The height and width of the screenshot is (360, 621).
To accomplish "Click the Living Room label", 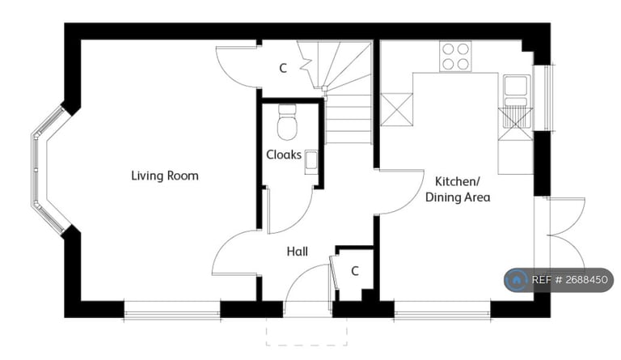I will tap(165, 176).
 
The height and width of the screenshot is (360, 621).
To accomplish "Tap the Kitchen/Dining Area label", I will tap(462, 188).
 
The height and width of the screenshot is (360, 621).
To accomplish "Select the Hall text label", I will tap(297, 252).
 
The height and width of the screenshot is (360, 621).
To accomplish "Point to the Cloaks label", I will tap(284, 155).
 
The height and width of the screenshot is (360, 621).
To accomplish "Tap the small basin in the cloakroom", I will tap(310, 161).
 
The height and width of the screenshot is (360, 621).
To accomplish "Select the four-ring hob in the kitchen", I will tap(455, 57).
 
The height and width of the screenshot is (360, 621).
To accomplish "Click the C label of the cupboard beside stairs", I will tap(282, 69).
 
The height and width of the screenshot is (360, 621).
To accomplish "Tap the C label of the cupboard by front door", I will tap(354, 271).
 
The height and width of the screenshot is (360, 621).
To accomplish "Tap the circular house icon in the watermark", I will tap(516, 280).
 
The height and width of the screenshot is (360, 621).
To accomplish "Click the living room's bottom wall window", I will tap(171, 307).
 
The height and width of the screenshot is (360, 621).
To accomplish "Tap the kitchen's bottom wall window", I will tap(441, 307).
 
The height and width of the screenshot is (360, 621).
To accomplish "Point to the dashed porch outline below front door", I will tap(306, 332).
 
